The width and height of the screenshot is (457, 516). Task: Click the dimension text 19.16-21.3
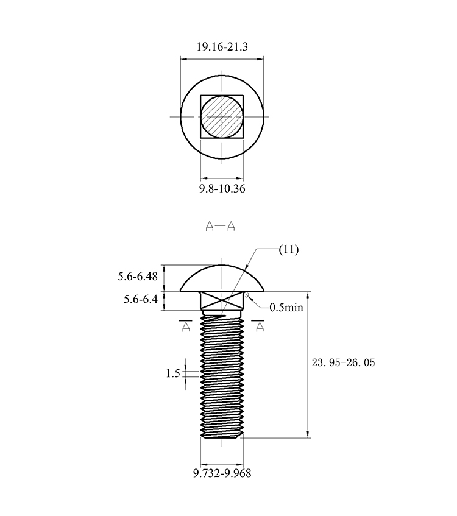(222, 47)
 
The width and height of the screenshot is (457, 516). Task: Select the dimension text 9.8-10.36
(222, 189)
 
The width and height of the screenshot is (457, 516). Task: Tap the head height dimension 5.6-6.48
(138, 276)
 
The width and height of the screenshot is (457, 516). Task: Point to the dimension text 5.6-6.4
(141, 299)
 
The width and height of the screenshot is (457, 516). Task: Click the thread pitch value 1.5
(173, 373)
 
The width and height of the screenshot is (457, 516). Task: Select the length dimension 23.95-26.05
(344, 362)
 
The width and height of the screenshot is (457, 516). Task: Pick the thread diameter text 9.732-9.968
(222, 473)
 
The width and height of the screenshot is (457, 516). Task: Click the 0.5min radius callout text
(286, 308)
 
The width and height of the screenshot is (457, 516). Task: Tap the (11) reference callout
(289, 249)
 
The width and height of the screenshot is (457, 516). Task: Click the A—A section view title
(220, 226)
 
